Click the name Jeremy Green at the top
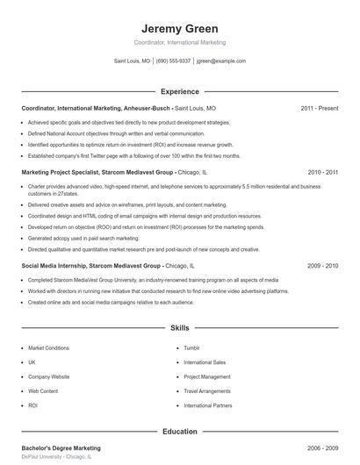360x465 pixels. point(180,28)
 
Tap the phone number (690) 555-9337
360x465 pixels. point(173,61)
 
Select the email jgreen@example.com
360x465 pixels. point(221,61)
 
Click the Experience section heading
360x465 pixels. point(180,91)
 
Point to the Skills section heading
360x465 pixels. point(180,328)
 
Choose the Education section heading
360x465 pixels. point(180,431)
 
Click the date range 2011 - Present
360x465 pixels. point(319,108)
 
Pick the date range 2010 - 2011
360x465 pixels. point(323,173)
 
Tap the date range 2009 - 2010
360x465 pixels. point(323,265)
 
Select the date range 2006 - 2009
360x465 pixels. point(323,447)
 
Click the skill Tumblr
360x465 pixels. point(191,347)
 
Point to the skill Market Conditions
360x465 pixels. point(48,347)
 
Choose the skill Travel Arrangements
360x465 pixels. point(207,391)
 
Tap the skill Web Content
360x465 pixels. point(43,391)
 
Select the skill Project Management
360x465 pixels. point(207,376)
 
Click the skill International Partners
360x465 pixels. point(209,406)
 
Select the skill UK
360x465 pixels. point(32,362)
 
